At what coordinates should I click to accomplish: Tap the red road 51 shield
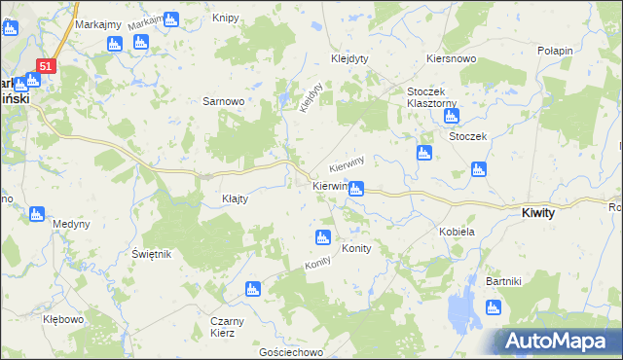[x=47, y=65]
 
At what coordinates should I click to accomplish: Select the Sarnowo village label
[x=222, y=100]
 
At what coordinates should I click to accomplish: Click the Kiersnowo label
[x=450, y=58]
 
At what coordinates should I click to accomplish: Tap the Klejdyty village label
[x=348, y=57]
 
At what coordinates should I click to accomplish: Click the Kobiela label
[x=457, y=232]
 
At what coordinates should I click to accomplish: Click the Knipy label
[x=224, y=20]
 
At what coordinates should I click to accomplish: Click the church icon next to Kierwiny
[x=356, y=189]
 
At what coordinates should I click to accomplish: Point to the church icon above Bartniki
[x=493, y=308]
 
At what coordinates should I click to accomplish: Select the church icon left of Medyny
[x=37, y=214]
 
